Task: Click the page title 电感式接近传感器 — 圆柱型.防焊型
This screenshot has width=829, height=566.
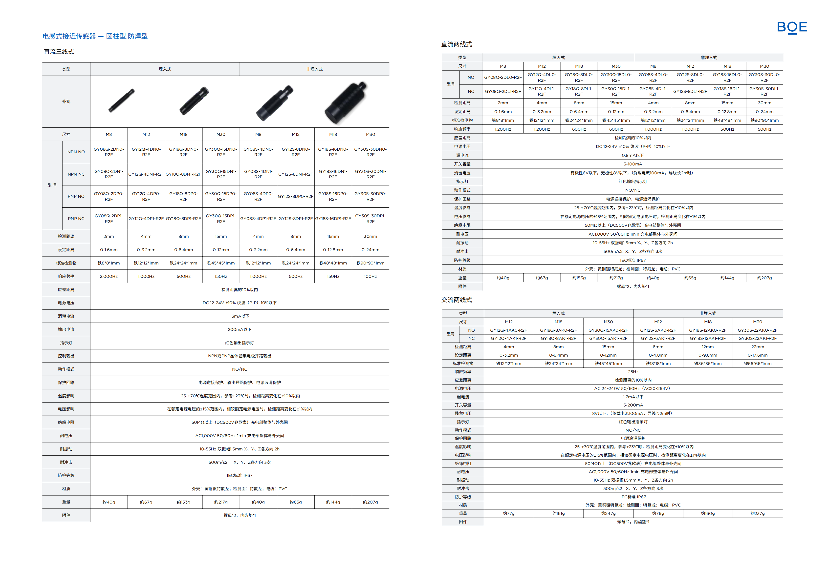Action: point(95,36)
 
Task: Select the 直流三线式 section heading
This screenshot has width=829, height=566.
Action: point(59,52)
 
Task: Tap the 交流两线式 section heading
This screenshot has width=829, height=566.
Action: point(456,300)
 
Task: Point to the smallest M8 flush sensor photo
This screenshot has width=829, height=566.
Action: point(121,100)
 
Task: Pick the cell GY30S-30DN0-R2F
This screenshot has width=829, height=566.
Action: point(370,152)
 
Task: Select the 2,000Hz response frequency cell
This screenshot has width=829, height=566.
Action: point(109,276)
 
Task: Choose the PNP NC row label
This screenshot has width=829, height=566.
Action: point(76,219)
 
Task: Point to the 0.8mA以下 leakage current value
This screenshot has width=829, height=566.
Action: point(633,155)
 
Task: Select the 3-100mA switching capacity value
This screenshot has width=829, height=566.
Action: point(633,164)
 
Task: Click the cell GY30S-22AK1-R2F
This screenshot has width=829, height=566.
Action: point(757,338)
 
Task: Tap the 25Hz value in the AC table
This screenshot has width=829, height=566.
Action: point(633,372)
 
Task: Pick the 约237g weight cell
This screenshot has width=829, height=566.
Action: point(757,513)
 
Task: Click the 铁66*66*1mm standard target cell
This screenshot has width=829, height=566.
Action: point(757,364)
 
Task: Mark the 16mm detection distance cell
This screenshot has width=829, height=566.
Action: point(333,236)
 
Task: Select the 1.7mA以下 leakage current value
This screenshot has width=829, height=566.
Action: point(633,397)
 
